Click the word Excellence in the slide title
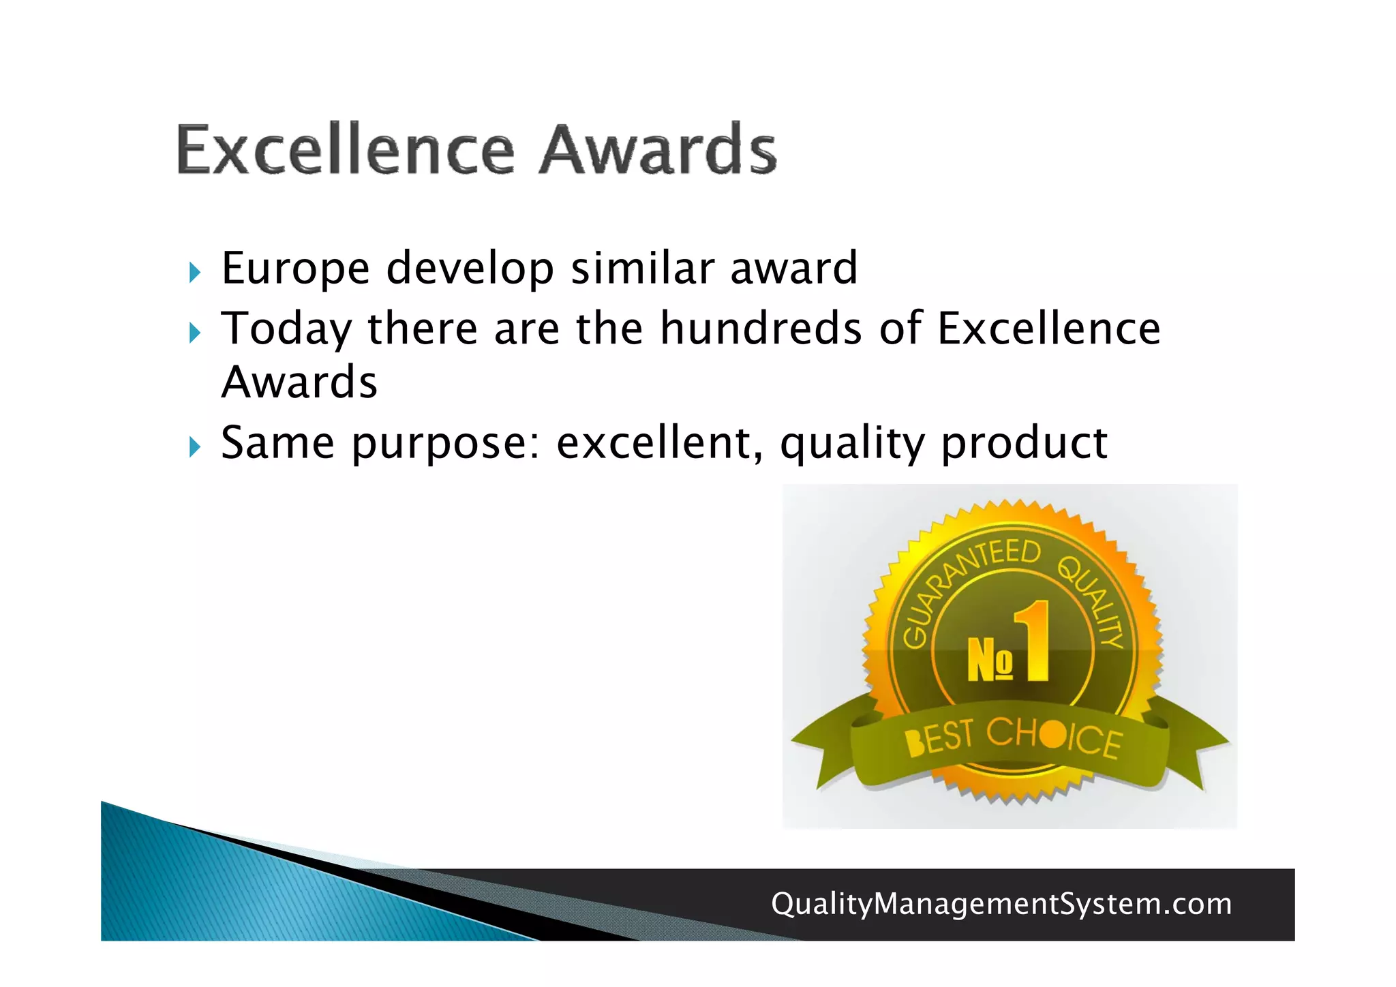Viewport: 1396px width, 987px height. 345,149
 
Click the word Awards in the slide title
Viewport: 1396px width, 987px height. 658,149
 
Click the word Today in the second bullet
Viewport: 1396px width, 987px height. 286,330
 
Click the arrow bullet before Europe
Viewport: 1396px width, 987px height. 195,273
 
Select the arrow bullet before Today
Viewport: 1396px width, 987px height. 195,333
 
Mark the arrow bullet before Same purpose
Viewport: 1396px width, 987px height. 195,448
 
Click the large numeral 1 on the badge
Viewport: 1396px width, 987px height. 1033,641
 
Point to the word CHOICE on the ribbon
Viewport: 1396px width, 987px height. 1053,736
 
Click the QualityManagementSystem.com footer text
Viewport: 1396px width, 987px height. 1001,904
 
